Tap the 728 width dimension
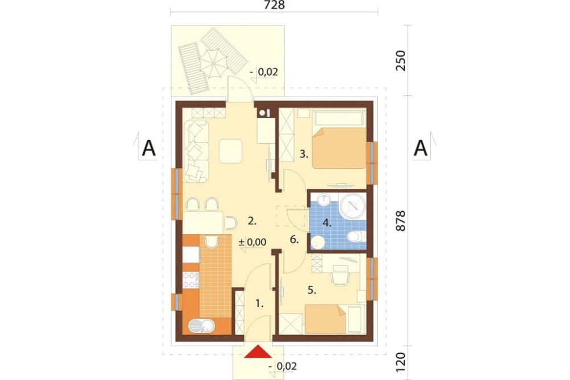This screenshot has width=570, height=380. click(275, 5)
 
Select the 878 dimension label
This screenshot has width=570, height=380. click(400, 221)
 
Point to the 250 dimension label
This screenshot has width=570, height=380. click(400, 60)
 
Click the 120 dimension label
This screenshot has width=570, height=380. click(400, 361)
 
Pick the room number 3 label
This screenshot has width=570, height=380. click(304, 154)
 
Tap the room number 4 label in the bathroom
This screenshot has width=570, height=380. click(327, 223)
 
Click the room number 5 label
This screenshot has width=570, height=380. click(312, 290)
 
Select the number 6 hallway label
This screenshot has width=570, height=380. click(294, 240)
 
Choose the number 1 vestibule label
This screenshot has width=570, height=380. click(259, 303)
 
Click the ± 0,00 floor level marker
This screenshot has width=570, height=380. click(253, 242)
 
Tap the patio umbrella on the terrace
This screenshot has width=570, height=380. click(213, 63)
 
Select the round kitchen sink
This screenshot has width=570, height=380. click(202, 326)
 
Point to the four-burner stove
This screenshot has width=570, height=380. click(190, 280)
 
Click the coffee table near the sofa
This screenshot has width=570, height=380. click(230, 151)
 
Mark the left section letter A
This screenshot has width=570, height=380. click(148, 148)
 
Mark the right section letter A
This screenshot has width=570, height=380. click(421, 148)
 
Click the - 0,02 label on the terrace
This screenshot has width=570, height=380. click(264, 72)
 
